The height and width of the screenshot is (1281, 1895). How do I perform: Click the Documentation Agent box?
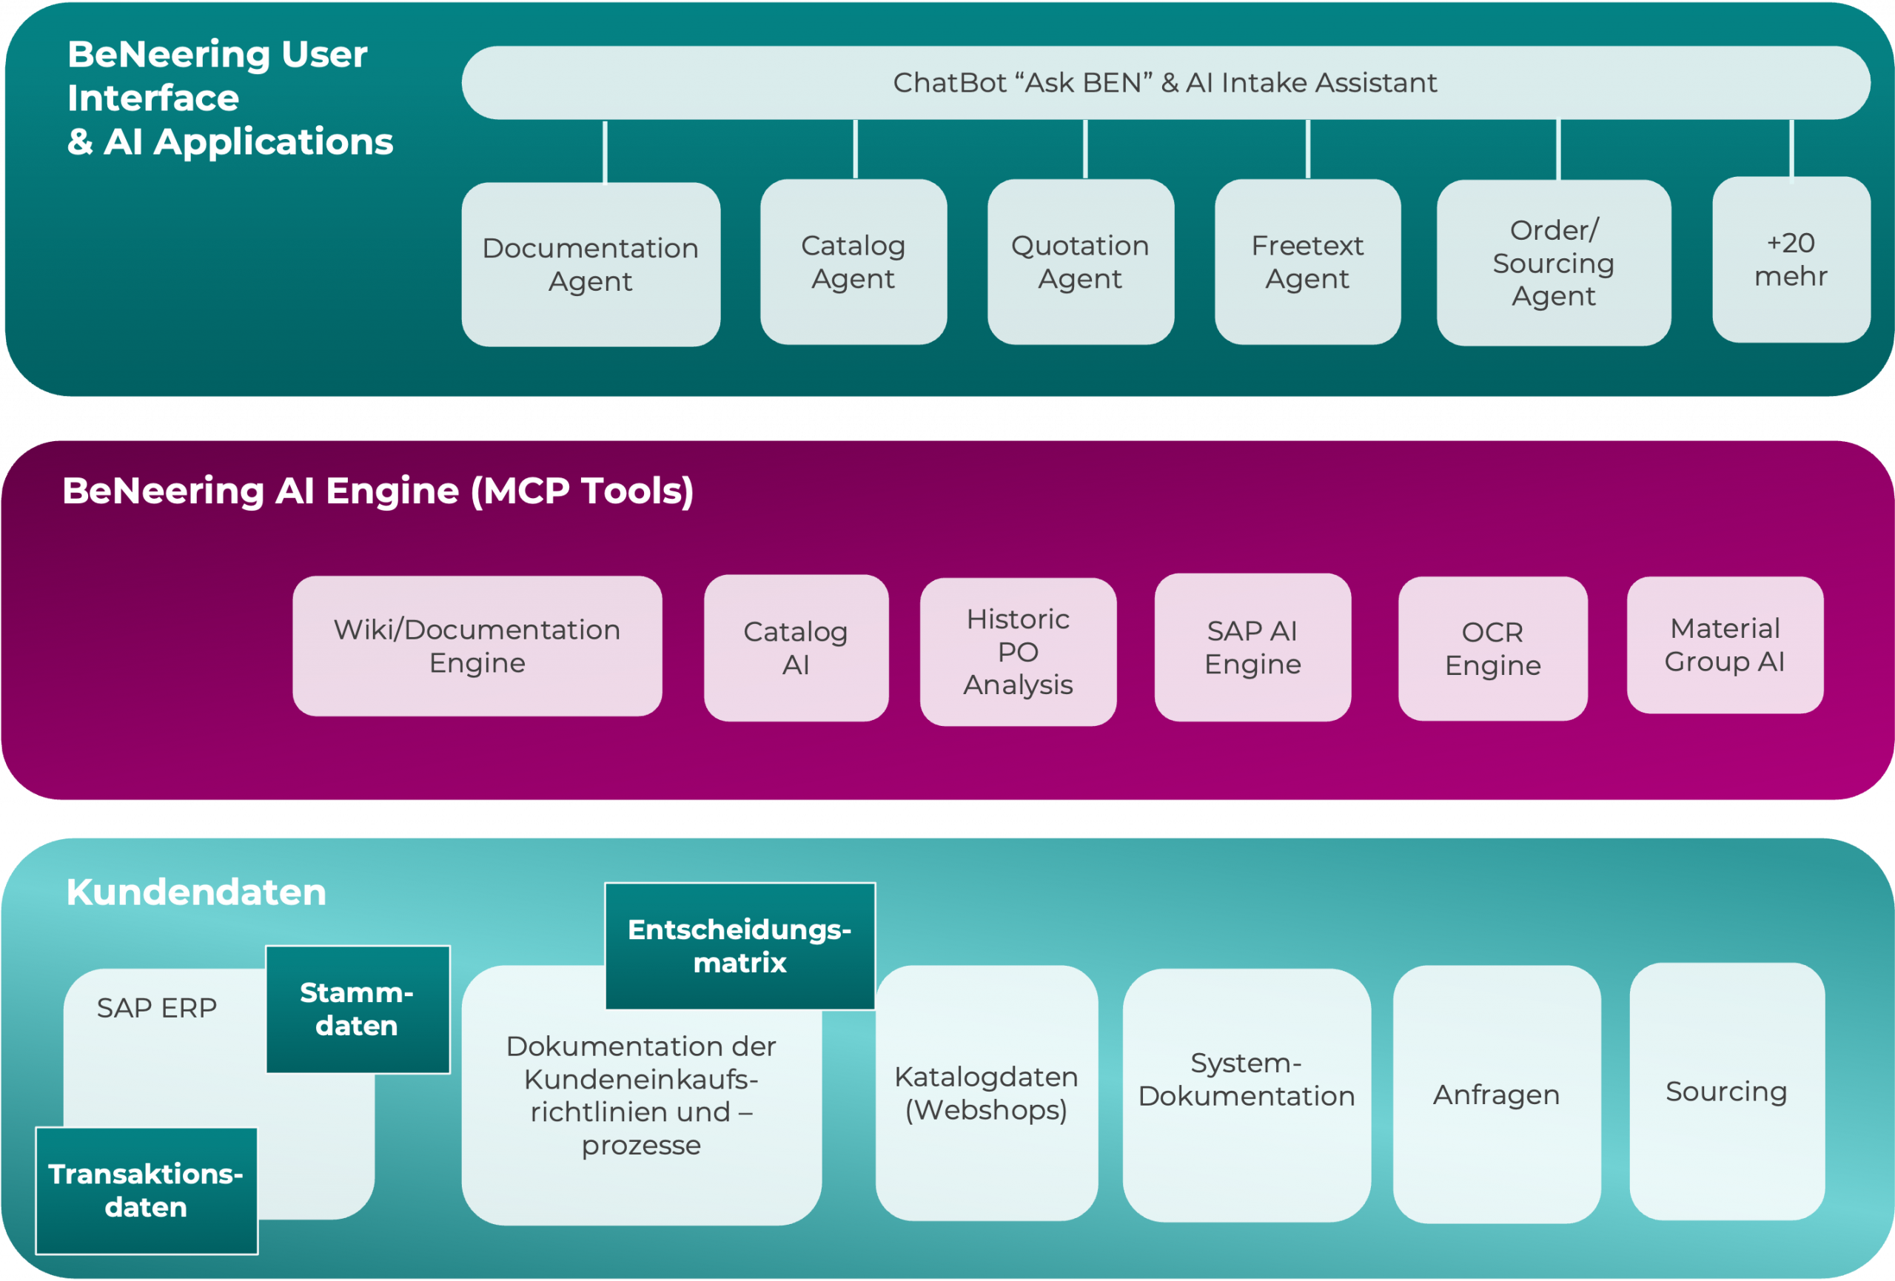(591, 264)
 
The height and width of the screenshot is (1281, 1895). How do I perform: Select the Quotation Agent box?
(1081, 262)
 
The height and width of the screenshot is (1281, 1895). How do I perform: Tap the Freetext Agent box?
(1307, 262)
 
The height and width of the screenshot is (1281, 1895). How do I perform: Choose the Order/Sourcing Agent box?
(1553, 263)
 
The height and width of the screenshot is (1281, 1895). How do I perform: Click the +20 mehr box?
(1791, 259)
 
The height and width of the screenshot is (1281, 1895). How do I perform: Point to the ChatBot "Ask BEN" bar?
(1164, 82)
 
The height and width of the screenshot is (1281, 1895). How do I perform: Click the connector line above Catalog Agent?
(856, 149)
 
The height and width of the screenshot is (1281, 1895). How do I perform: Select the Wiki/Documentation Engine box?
(477, 646)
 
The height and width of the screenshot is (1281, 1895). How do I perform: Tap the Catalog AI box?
(796, 648)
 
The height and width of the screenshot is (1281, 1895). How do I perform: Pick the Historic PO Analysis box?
(1018, 651)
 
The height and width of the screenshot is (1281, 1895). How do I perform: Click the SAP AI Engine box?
(1252, 648)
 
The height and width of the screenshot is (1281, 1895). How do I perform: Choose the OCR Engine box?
(1492, 648)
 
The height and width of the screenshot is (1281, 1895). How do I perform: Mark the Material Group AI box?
(1725, 645)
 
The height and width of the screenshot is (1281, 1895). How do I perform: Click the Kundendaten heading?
(196, 892)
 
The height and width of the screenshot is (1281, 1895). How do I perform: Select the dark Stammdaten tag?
(357, 1009)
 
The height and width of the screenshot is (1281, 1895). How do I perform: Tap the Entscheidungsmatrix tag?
(739, 946)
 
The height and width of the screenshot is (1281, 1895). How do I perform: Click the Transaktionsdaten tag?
(146, 1191)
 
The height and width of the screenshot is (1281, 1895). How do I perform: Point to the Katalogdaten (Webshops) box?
(986, 1094)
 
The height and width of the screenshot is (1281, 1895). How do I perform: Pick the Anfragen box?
(1496, 1095)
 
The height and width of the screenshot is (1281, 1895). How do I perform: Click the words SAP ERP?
(156, 1009)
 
